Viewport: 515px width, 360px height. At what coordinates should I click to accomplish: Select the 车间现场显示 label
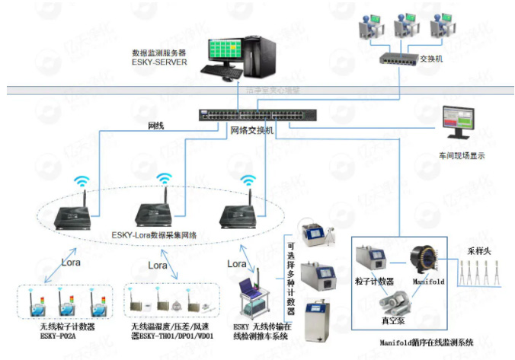tap(462, 155)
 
